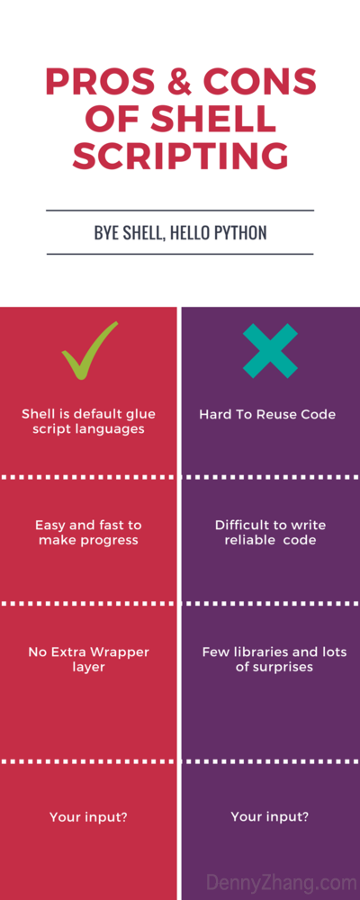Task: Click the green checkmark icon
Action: pos(89,351)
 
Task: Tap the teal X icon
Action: pos(270,351)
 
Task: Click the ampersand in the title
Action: pos(180,83)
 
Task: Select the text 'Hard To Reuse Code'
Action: pos(267,415)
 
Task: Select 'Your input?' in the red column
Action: pos(88,817)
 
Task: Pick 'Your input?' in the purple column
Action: pos(270,817)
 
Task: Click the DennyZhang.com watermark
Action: pos(281,882)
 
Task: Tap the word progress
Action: pos(107,540)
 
